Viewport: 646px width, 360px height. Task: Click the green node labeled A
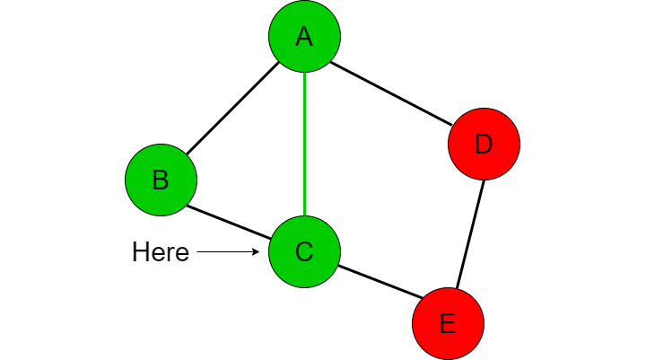click(x=304, y=36)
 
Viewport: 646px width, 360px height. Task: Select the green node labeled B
click(x=161, y=180)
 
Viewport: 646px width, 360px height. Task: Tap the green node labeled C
click(x=304, y=251)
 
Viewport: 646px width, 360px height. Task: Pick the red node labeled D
click(x=484, y=144)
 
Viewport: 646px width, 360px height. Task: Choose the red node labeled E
click(x=449, y=324)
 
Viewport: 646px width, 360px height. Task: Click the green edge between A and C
click(x=304, y=144)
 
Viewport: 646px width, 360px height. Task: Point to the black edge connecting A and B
click(x=232, y=109)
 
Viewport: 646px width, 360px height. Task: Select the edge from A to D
click(x=391, y=93)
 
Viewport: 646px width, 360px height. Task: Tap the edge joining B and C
click(x=229, y=222)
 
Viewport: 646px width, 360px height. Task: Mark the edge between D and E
click(x=470, y=233)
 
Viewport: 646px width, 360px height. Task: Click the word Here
click(x=161, y=252)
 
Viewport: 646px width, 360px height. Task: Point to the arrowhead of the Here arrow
click(x=256, y=251)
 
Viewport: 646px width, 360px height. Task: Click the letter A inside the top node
click(x=304, y=36)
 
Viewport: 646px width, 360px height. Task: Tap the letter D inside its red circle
click(x=484, y=144)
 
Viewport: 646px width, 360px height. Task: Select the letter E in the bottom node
click(x=449, y=324)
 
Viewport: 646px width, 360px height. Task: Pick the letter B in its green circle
click(x=161, y=180)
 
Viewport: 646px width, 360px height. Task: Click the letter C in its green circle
click(x=304, y=251)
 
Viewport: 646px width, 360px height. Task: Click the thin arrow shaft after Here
click(x=227, y=251)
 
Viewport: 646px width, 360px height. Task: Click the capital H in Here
click(x=139, y=252)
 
